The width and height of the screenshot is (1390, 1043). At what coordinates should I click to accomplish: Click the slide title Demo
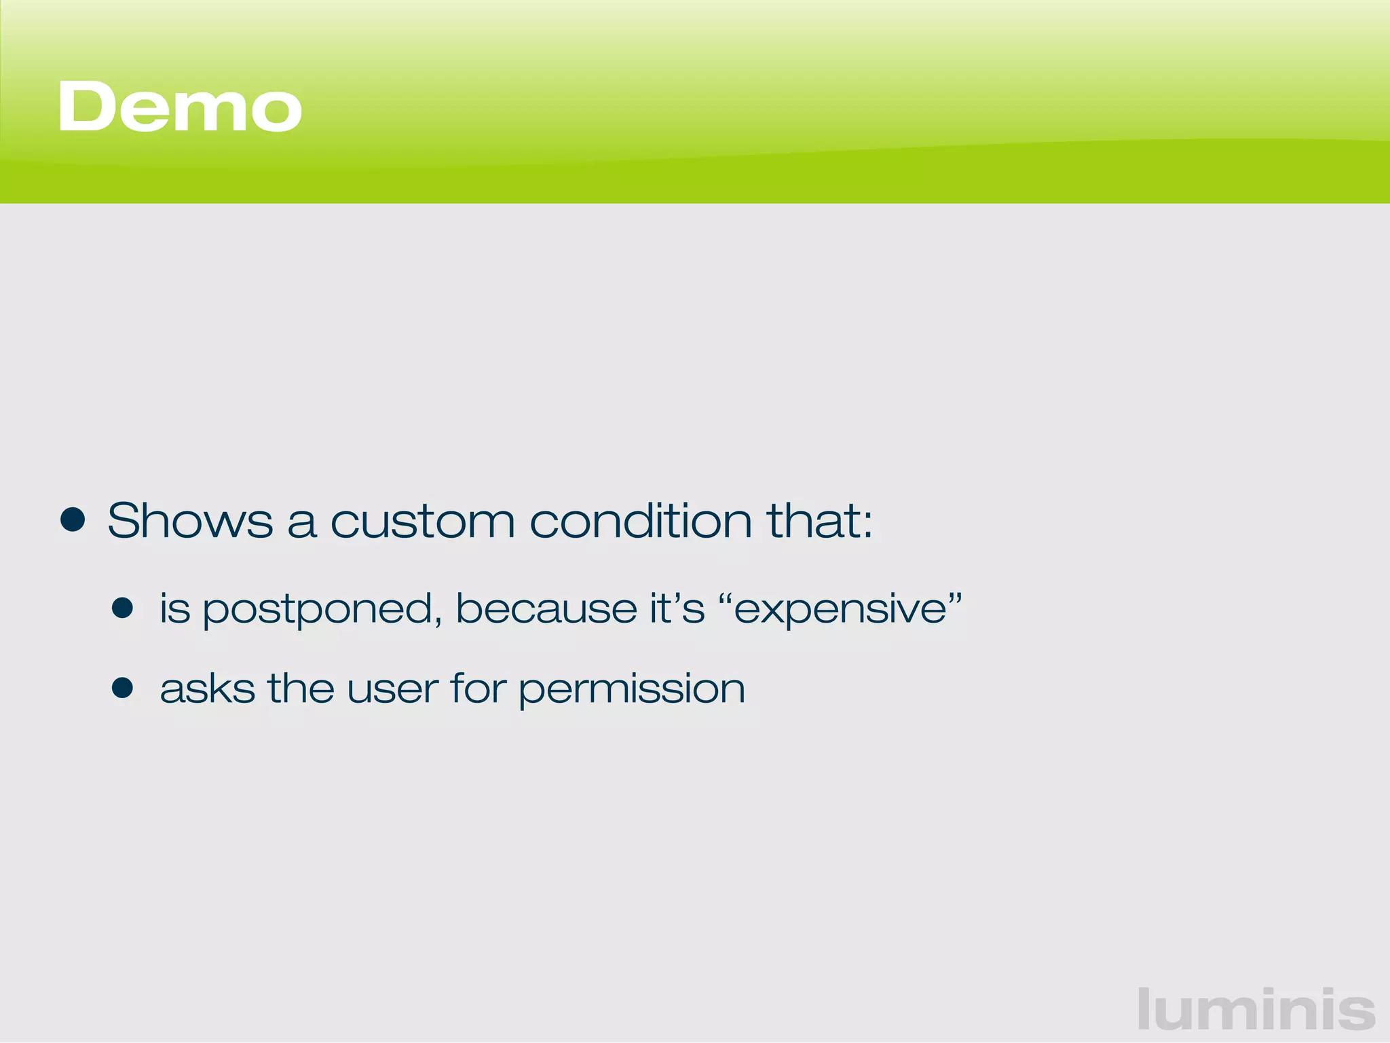click(180, 107)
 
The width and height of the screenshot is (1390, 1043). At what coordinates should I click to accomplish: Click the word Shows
click(190, 521)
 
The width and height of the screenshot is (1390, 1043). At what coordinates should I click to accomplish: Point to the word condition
click(641, 521)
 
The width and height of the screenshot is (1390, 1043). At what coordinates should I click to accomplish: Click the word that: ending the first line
click(819, 521)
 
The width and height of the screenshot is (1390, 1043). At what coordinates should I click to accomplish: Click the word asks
click(208, 689)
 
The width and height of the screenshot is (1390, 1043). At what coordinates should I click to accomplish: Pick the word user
click(392, 689)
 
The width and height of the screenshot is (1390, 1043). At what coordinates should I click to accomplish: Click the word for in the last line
click(478, 689)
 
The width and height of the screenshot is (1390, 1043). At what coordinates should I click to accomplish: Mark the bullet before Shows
click(73, 521)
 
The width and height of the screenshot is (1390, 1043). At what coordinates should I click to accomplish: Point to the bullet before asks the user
click(123, 688)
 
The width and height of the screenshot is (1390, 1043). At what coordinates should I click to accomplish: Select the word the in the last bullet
click(301, 689)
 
